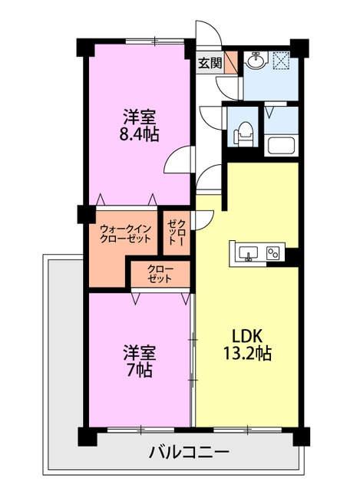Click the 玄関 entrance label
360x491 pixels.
pyautogui.click(x=210, y=64)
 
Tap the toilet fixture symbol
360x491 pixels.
pyautogui.click(x=243, y=134)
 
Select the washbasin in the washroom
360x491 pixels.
pyautogui.click(x=256, y=60)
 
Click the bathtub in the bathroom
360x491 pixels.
pyautogui.click(x=281, y=145)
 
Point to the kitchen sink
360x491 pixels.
pyautogui.click(x=248, y=252)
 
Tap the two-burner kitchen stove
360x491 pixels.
pyautogui.click(x=273, y=253)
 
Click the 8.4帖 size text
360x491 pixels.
pyautogui.click(x=138, y=135)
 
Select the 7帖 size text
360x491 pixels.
pyautogui.click(x=138, y=371)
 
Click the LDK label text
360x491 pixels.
pyautogui.click(x=246, y=336)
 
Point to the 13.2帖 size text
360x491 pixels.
pyautogui.click(x=247, y=354)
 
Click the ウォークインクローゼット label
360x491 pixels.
pyautogui.click(x=125, y=234)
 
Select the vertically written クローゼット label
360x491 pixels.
pyautogui.click(x=177, y=232)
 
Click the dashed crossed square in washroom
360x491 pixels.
pyautogui.click(x=282, y=59)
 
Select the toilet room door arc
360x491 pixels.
pyautogui.click(x=210, y=117)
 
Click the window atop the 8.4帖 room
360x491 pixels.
pyautogui.click(x=155, y=41)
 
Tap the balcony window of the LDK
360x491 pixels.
pyautogui.click(x=247, y=430)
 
